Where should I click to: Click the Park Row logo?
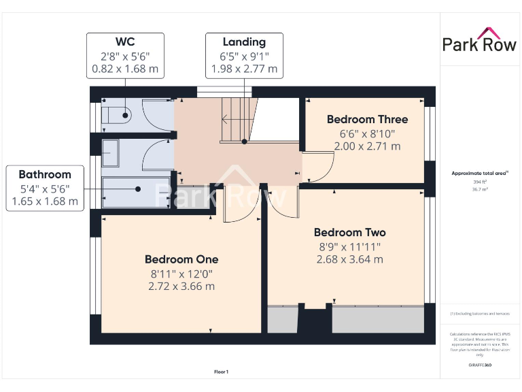[x=479, y=40]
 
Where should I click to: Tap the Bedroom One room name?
[x=181, y=259]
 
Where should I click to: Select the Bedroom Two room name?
[x=350, y=232]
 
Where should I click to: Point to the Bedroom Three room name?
[x=367, y=119]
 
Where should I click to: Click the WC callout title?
[x=124, y=42]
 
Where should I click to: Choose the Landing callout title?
[x=244, y=42]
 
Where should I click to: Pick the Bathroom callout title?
[x=45, y=174]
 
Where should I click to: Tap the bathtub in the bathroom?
[x=135, y=192]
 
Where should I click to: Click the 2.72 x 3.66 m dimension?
[x=181, y=287]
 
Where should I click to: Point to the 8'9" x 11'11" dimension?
[x=350, y=246]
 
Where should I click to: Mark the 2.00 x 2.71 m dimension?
[x=367, y=146]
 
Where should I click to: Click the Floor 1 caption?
[x=222, y=372]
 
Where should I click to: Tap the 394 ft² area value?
[x=480, y=182]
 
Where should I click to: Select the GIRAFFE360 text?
[x=480, y=365]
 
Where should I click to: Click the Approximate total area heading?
[x=480, y=174]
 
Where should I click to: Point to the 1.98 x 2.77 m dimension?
[x=244, y=69]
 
